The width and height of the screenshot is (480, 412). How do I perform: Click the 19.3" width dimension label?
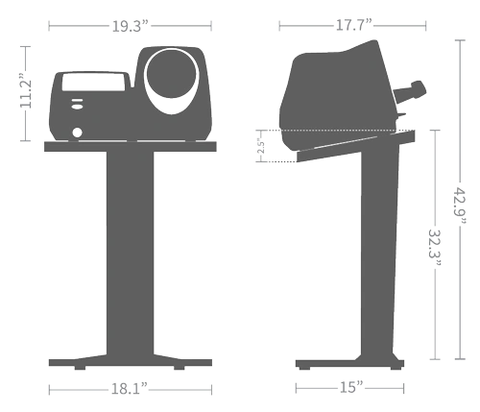coord(131,26)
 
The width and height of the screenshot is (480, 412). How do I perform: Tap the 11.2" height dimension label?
coord(26,91)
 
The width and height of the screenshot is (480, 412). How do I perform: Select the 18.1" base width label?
coord(130,389)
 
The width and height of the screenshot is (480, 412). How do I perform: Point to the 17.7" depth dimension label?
coord(354,25)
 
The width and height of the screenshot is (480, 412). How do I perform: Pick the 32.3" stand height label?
coord(435,248)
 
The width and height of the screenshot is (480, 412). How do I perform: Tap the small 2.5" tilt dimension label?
coord(261,146)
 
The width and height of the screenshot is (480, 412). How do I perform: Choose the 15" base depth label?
coord(351,387)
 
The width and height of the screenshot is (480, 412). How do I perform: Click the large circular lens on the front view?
coord(172,73)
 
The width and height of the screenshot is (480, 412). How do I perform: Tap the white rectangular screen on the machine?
coord(93,82)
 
